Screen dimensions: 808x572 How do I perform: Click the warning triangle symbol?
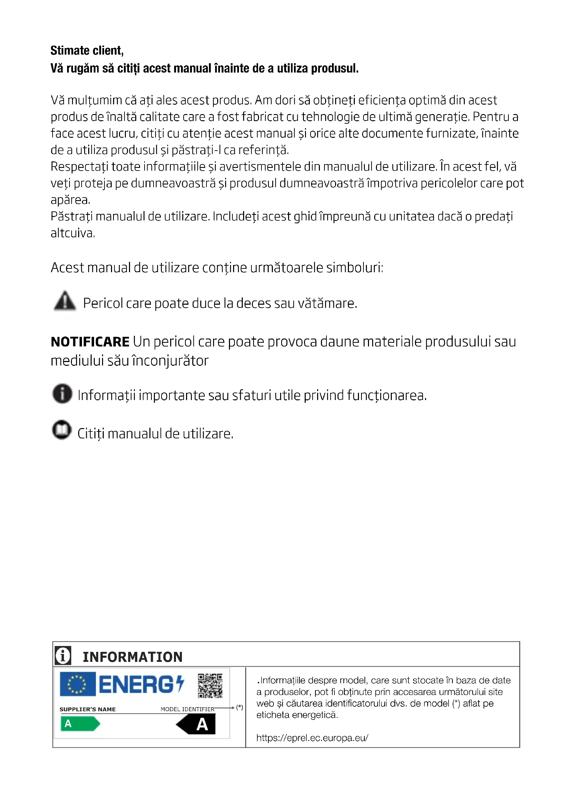pos(65,301)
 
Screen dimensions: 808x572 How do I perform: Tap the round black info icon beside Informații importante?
pos(62,393)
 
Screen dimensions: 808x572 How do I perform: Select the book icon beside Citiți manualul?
pos(62,430)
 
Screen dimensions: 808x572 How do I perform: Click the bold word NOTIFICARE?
pos(90,342)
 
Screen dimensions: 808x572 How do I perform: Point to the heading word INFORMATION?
pos(132,657)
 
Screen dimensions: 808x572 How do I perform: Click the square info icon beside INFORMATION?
pos(63,656)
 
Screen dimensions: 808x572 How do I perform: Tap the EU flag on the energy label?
pos(77,684)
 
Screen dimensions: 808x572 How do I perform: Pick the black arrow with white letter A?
pos(196,724)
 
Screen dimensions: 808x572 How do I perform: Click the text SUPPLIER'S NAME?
pos(88,709)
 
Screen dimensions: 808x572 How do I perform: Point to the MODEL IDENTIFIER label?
pos(187,709)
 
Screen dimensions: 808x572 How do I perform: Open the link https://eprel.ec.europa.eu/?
pos(312,738)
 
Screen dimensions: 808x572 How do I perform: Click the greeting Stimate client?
pos(87,51)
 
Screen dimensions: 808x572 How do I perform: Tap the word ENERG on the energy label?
pos(137,685)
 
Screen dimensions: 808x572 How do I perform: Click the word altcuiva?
pos(73,233)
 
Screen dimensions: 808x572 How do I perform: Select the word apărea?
pos(71,200)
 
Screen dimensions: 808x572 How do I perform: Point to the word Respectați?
pos(79,167)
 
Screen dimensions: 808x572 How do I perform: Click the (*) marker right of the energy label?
pos(240,707)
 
